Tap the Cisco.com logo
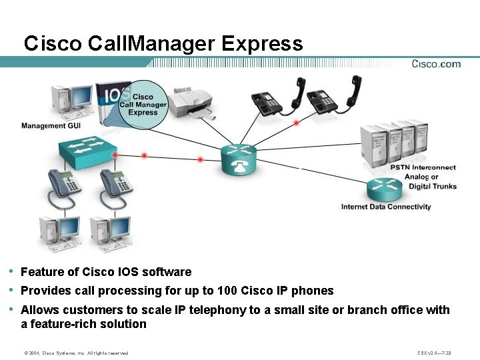436,64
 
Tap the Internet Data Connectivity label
386,207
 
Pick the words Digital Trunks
433,187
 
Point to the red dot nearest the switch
116,155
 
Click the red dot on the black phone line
296,123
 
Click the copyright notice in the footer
76,353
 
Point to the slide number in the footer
434,353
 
